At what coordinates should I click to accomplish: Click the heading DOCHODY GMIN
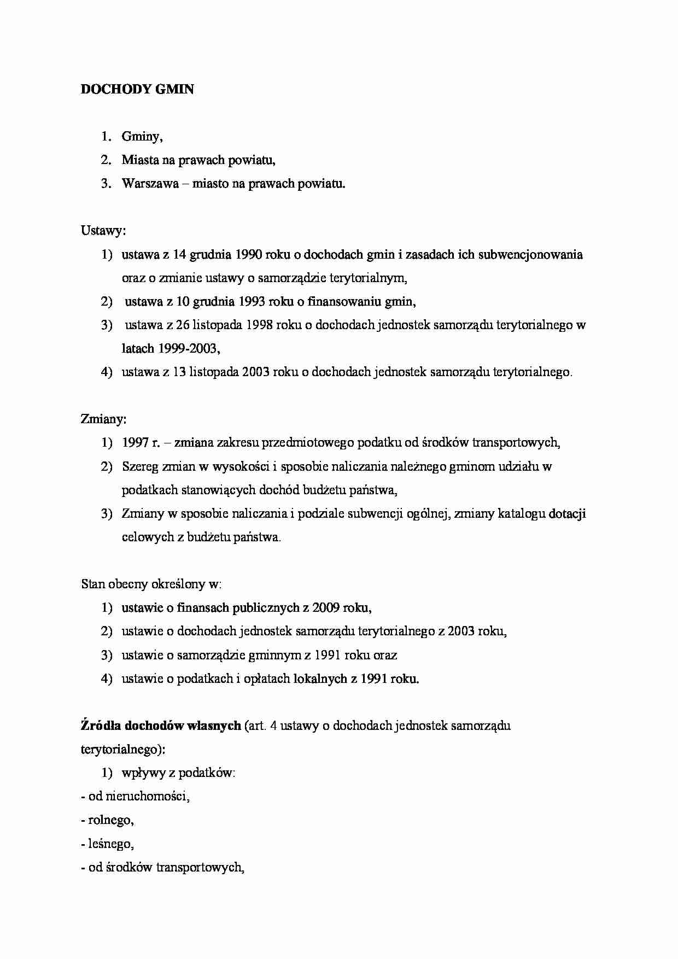click(x=137, y=89)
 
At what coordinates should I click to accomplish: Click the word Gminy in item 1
click(x=142, y=137)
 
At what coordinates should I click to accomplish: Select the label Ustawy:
click(x=103, y=231)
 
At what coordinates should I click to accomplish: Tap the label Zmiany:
click(x=104, y=419)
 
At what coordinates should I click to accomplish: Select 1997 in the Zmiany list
click(x=135, y=443)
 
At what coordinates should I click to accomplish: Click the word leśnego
click(x=111, y=844)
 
